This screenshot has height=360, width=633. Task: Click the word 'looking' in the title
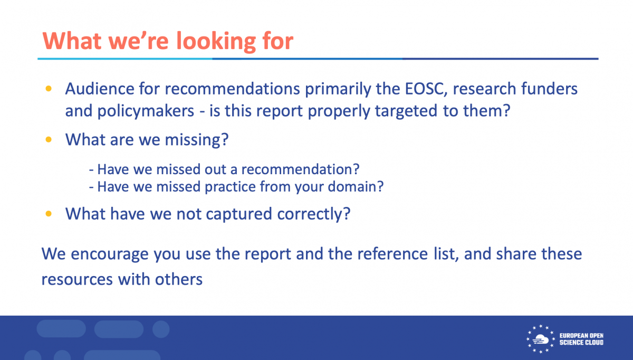tap(216, 42)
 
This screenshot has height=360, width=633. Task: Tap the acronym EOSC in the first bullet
tap(426, 89)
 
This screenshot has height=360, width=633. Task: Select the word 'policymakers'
tap(146, 111)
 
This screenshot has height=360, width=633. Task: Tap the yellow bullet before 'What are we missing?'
tap(49, 139)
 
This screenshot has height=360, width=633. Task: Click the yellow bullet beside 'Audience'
tap(49, 89)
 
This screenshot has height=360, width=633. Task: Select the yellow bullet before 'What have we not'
tap(49, 213)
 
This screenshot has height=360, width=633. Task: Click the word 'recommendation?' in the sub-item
tap(300, 169)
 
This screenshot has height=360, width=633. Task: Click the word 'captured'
tap(239, 214)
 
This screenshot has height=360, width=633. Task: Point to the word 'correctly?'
tap(314, 214)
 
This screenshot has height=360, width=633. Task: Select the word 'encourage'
tap(109, 254)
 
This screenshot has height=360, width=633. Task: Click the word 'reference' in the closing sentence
tap(393, 254)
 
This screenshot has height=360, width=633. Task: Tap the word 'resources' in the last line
tap(77, 279)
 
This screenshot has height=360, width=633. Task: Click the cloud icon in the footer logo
tap(540, 339)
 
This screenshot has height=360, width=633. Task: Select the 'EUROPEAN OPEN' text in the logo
tap(581, 336)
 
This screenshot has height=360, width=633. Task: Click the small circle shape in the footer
tap(161, 329)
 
